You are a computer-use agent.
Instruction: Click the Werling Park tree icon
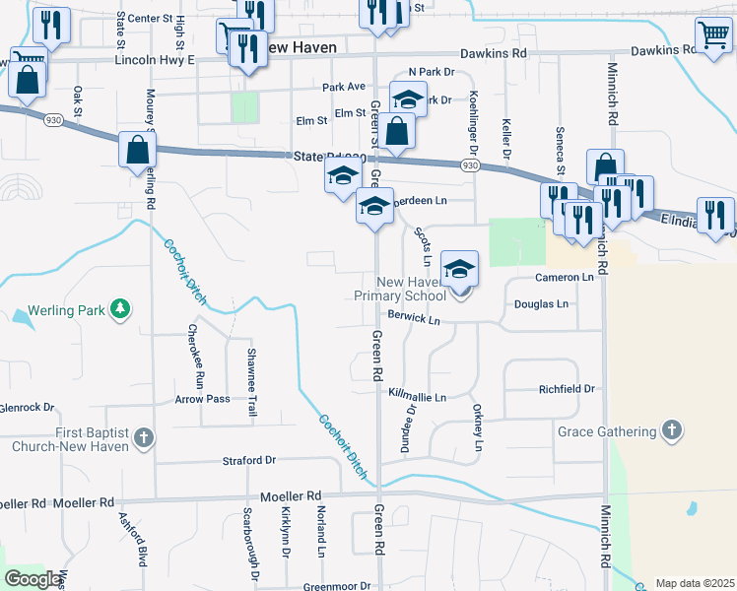click(x=120, y=310)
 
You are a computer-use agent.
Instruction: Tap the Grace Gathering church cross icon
click(x=671, y=431)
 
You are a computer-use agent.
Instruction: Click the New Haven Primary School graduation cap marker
click(x=459, y=269)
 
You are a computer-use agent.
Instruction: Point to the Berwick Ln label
click(x=414, y=319)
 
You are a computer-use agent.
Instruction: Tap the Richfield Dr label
click(x=568, y=389)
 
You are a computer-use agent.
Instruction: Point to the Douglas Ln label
click(x=542, y=304)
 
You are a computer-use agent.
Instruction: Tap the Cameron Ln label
click(x=565, y=278)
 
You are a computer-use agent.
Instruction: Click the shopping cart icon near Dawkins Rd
click(x=713, y=35)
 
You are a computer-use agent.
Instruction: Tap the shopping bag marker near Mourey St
click(x=137, y=152)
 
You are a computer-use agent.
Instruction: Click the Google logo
click(x=33, y=579)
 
